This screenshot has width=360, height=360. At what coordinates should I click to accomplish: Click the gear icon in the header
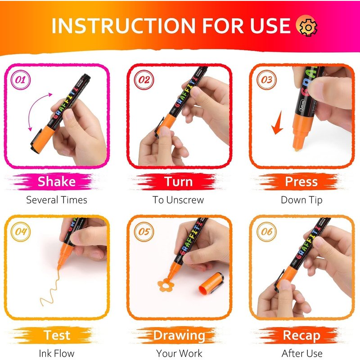point(307,26)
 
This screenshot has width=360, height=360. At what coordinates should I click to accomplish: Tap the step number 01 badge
point(21,80)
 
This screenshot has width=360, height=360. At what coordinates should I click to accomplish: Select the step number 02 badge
point(144,80)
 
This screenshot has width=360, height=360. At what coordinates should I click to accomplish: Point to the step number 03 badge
point(266,80)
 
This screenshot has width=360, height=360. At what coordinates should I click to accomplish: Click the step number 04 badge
point(21,232)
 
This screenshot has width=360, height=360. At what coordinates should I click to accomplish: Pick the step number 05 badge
point(144,232)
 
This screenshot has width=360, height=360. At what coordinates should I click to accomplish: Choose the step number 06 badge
point(266,232)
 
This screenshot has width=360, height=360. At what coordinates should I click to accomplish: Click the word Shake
point(57,182)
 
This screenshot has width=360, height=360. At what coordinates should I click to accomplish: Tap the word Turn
point(178,182)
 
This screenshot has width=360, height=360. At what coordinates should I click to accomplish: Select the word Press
point(301,182)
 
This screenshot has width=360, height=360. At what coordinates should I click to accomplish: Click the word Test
point(57,335)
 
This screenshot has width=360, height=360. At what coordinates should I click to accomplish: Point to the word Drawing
point(179,336)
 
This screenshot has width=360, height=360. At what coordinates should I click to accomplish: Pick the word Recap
point(301,336)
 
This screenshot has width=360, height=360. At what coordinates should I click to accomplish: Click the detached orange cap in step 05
point(211,283)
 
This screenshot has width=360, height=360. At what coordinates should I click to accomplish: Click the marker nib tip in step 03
point(297,149)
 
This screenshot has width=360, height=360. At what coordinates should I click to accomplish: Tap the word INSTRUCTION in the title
point(123,26)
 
